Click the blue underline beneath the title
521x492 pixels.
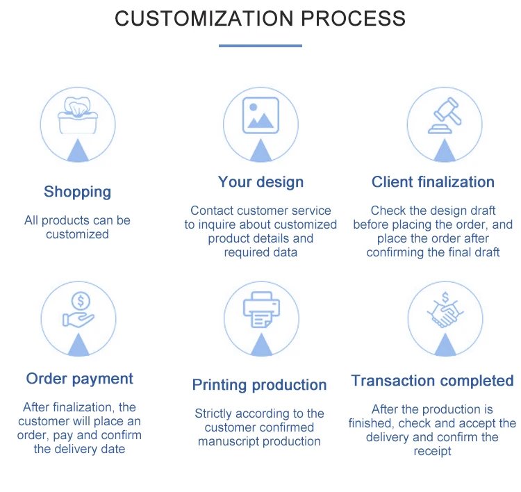(260, 46)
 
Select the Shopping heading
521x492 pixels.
(77, 192)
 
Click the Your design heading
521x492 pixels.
(260, 182)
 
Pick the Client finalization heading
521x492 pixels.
(433, 182)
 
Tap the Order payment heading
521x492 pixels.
(79, 379)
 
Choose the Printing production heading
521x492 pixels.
(259, 385)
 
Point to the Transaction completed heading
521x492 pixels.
(432, 381)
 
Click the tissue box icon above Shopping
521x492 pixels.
(78, 112)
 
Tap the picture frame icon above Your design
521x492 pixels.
(260, 115)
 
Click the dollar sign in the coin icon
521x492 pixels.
(81, 300)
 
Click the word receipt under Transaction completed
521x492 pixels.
(433, 451)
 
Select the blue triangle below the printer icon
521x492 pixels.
(260, 345)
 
